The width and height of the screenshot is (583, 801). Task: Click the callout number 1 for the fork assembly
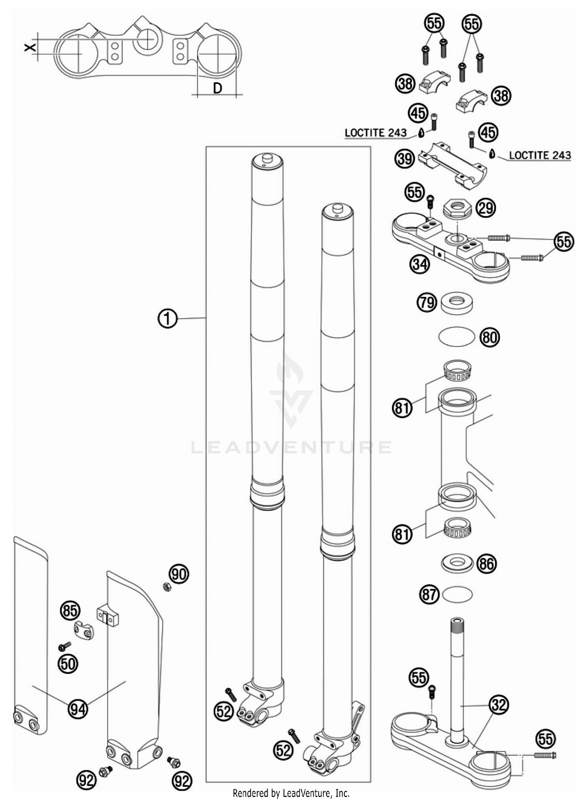pos(168,319)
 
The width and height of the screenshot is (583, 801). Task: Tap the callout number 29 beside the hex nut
pos(486,208)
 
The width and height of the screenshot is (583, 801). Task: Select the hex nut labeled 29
pos(457,209)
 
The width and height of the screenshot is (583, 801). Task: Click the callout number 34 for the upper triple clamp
pos(420,265)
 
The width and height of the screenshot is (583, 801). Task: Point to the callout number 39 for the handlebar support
pos(405,159)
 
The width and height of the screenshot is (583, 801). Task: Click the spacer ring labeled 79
pos(457,302)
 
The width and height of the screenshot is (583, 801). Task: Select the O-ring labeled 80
pos(457,336)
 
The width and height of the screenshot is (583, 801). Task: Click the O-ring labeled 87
pos(457,595)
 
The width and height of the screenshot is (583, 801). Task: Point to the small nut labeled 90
pos(167,587)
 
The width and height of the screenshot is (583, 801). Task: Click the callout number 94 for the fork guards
pos(78,709)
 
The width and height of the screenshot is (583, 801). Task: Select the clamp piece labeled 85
pos(84,630)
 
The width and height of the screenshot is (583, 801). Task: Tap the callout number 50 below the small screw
pos(68,664)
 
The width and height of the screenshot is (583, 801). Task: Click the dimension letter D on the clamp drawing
pos(218,88)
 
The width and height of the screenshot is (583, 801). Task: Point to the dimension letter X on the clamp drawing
pos(30,47)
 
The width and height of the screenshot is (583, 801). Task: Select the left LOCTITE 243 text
pos(375,133)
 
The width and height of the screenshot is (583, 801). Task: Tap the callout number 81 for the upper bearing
pos(402,408)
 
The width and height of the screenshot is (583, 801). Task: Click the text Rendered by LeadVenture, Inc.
pos(291,793)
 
